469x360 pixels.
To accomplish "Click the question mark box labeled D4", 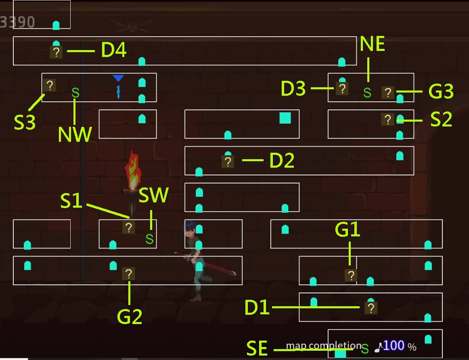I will click(x=56, y=52).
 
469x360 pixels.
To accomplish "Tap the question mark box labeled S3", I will click(x=50, y=85).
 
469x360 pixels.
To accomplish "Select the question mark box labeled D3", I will click(x=342, y=88).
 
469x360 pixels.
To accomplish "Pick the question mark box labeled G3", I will click(x=387, y=93).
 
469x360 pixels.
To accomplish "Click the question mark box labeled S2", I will click(x=387, y=120).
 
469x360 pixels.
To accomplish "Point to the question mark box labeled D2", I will click(x=228, y=162).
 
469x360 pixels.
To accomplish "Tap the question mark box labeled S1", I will click(x=128, y=227).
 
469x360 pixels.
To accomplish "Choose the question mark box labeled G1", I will click(x=351, y=276).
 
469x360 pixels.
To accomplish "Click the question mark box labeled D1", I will click(x=371, y=308).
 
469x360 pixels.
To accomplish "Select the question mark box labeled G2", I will click(x=128, y=274).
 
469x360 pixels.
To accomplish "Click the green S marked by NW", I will click(x=75, y=93).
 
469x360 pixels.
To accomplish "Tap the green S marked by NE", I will click(x=367, y=93).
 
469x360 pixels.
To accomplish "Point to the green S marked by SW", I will click(x=149, y=239).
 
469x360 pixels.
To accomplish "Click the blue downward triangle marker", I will click(x=118, y=78).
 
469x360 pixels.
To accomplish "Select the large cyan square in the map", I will click(x=285, y=118).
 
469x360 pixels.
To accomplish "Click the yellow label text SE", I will click(x=257, y=349).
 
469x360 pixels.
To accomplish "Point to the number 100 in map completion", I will click(x=394, y=345).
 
